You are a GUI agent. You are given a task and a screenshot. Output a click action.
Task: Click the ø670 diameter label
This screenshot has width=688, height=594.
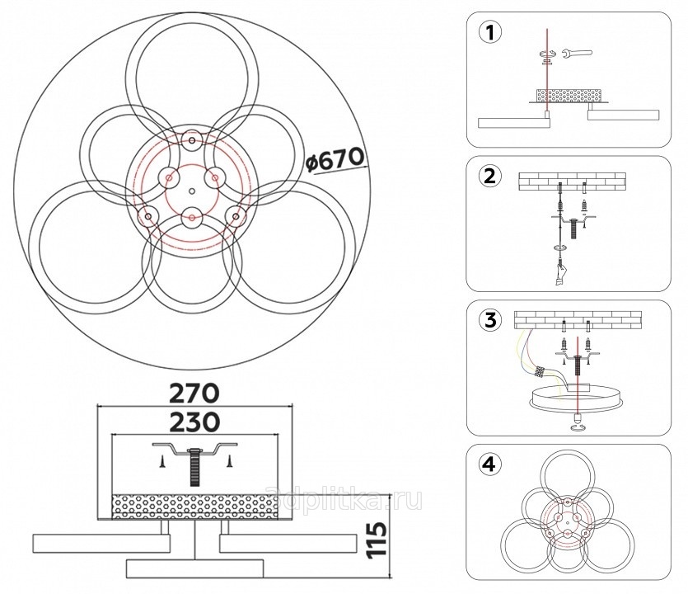pos(335,160)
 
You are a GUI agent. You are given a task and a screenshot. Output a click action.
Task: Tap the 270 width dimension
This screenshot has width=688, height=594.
pos(194,393)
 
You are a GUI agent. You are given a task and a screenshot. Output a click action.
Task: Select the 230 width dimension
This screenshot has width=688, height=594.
pos(194,422)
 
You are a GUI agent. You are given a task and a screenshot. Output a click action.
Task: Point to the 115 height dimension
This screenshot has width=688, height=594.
pos(377,540)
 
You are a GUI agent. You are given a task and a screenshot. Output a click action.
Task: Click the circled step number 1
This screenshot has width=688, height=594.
pos(490,33)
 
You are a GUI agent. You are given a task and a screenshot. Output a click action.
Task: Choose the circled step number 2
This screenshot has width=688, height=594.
pos(489,177)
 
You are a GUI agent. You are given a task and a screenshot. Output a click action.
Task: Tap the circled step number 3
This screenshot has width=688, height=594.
pos(489,320)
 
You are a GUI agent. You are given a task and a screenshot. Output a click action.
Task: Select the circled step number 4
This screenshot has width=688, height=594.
pos(489,464)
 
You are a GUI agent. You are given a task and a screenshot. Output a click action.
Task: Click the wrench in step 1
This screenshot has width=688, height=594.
pos(578,54)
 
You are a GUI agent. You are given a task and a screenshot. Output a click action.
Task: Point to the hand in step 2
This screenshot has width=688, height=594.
pos(560,274)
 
